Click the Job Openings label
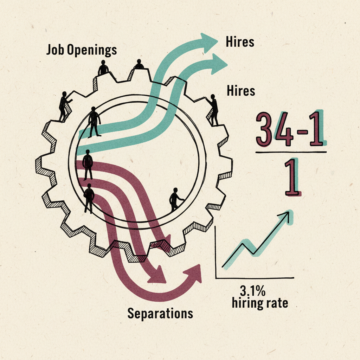point(82,50)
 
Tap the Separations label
point(160,313)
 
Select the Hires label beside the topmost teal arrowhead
point(240,42)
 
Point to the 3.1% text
point(253,291)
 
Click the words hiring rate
point(260,303)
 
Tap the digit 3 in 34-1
point(264,129)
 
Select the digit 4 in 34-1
point(284,129)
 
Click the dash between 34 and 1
point(302,133)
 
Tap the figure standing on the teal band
point(94,122)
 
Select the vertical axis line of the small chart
point(216,252)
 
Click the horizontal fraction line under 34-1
point(291,152)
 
